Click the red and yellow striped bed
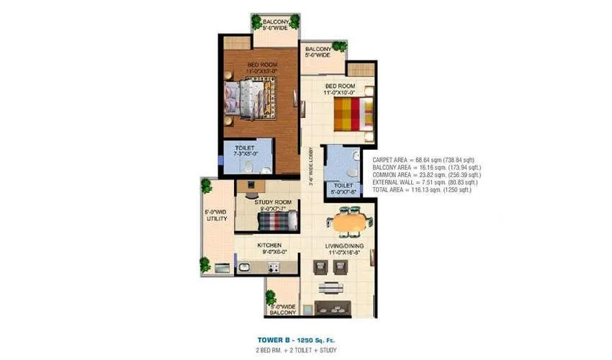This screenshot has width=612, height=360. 353,113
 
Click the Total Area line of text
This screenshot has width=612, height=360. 421,190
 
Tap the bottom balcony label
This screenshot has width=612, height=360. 283,310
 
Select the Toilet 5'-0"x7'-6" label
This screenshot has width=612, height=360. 343,189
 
